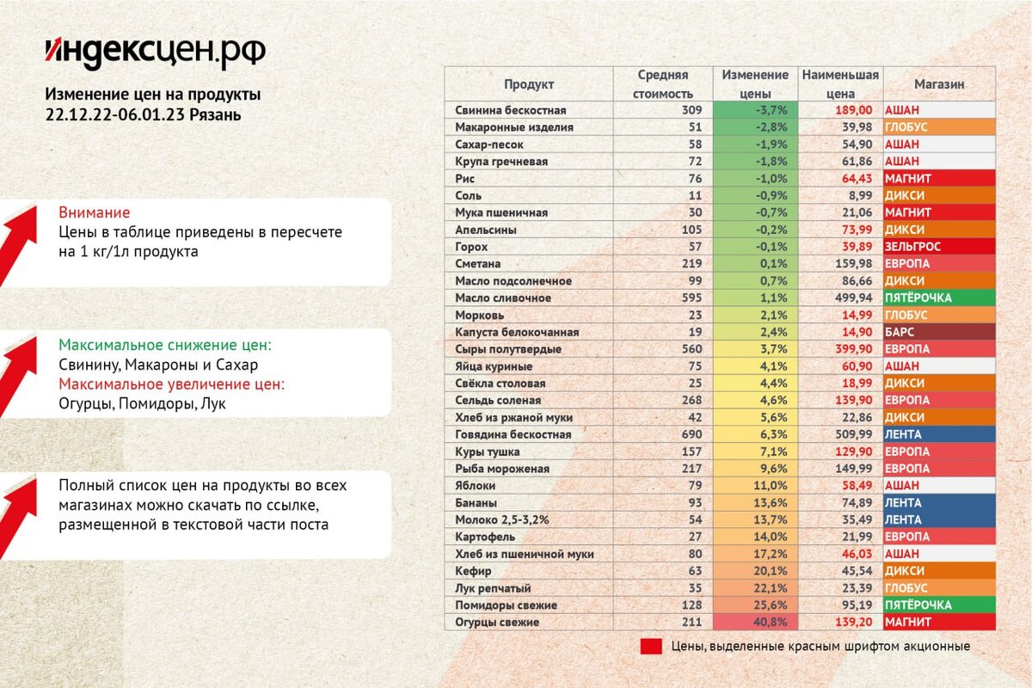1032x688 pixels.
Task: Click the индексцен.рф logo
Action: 155,52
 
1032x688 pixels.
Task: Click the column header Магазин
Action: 938,84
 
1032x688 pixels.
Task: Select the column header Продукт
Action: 528,84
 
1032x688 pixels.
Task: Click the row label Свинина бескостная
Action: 510,110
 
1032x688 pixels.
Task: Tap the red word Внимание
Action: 94,212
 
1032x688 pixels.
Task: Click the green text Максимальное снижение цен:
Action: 164,345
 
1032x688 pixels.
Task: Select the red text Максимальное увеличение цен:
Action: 171,384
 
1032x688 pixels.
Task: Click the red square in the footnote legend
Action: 651,647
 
